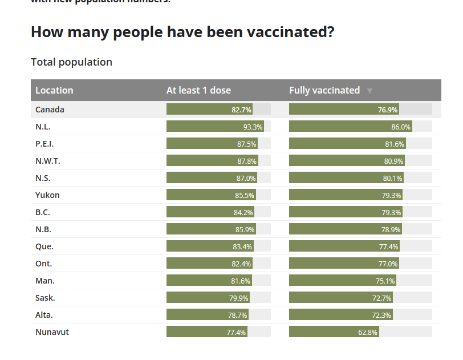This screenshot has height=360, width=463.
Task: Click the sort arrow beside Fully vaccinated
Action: coord(369,91)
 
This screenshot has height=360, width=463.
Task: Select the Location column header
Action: coord(54,90)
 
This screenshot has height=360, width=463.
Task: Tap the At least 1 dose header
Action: coord(198,90)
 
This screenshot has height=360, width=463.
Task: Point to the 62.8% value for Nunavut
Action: coord(368,332)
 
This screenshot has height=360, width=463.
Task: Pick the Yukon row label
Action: coord(47,195)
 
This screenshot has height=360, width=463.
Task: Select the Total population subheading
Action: coord(71,62)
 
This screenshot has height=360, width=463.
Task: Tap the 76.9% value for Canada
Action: coord(388,110)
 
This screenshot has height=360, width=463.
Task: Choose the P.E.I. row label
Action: coord(44,144)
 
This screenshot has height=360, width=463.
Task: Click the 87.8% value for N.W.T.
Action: coord(247,161)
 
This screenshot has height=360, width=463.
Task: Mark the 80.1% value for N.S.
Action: coord(392,178)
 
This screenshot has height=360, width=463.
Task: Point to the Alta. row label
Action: coord(44,315)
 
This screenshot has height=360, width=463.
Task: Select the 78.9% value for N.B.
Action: coord(391,229)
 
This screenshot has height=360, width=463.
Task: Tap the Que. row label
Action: coord(44,246)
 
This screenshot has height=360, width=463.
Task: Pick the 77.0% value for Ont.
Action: coord(388,264)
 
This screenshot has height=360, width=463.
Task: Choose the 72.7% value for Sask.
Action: coord(381,298)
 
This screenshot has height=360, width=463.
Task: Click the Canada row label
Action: coord(50,110)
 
